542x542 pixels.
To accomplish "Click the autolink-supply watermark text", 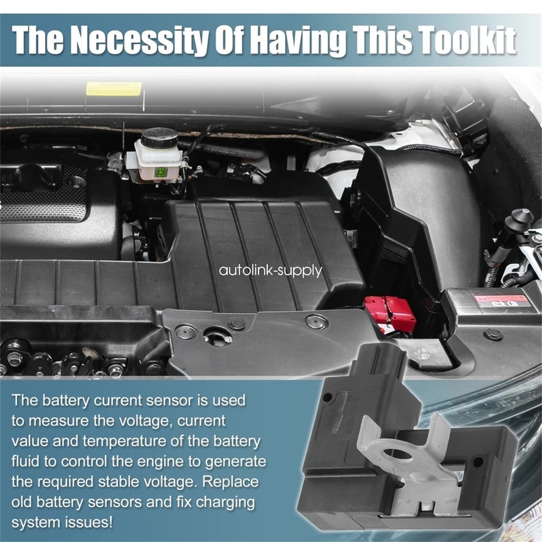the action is pos(270,270).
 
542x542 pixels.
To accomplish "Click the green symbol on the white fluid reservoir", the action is pos(161,172).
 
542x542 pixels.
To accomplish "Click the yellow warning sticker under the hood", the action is pos(114,88).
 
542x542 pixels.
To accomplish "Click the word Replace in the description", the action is pos(230,482).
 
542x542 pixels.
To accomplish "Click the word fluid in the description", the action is pos(23,461).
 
